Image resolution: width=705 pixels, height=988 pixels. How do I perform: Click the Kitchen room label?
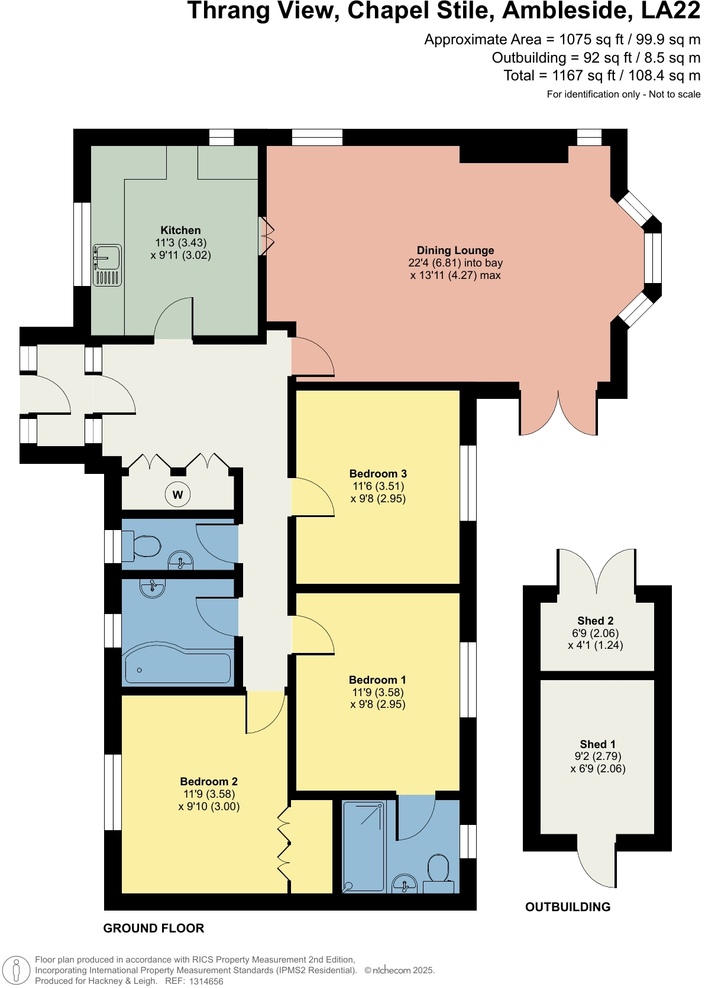tap(180, 230)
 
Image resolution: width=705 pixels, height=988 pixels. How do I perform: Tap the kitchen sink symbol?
tap(108, 265)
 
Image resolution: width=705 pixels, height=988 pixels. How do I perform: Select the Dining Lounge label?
tap(455, 251)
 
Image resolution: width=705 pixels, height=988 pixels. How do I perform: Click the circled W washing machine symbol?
tap(177, 495)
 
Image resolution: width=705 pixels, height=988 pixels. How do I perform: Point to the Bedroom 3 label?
tap(378, 474)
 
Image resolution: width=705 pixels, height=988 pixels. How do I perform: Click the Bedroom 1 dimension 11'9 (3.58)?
tap(378, 692)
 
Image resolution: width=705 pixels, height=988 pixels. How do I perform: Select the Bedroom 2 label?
tap(209, 782)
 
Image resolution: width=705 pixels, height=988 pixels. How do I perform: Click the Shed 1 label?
tap(597, 745)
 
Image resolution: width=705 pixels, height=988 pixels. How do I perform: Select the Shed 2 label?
tap(595, 621)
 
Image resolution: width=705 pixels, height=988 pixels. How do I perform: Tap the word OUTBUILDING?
tap(567, 907)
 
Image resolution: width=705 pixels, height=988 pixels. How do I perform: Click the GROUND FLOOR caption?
tap(154, 928)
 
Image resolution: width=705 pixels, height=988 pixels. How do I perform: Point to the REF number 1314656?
tap(206, 981)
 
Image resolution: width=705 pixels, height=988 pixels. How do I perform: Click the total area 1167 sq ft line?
tap(601, 76)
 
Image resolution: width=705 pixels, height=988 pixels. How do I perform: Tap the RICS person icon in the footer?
tap(16, 971)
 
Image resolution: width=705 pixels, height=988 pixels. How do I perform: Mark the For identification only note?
tap(623, 95)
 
